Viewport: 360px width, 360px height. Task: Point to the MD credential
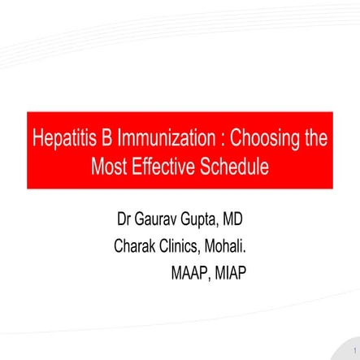click(x=252, y=220)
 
